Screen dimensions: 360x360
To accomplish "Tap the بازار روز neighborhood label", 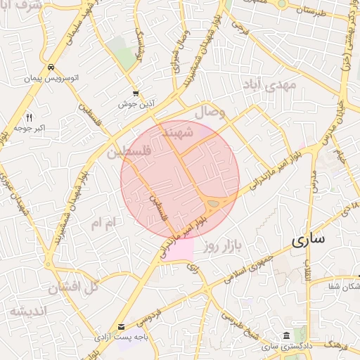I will (x=222, y=246).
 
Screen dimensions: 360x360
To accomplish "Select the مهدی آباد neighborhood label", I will (x=274, y=85).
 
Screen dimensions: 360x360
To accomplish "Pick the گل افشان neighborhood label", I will (x=72, y=288).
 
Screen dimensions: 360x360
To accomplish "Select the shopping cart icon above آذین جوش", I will (x=136, y=94).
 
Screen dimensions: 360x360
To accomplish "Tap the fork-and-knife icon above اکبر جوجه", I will (x=29, y=117).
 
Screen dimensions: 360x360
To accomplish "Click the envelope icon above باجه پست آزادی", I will (x=122, y=327).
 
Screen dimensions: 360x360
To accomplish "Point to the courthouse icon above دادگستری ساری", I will (x=285, y=336).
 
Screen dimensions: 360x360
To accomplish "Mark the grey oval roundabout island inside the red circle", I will (x=212, y=204).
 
